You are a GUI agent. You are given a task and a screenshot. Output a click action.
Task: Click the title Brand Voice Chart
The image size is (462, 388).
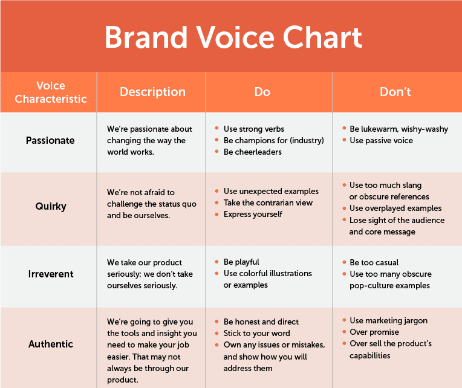point(233,37)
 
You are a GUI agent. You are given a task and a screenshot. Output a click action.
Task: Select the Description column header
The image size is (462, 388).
point(152,92)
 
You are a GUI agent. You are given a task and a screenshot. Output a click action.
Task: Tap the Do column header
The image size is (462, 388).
point(262,92)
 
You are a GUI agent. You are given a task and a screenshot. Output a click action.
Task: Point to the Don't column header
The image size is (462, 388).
point(395,92)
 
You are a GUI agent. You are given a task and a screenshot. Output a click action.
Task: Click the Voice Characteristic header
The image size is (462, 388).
point(51,92)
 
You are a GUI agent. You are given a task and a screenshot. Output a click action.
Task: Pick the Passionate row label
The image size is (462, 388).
point(50,140)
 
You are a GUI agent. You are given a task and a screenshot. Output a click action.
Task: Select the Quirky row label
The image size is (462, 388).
point(51,206)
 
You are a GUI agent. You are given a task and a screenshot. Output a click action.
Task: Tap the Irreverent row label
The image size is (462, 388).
point(51,274)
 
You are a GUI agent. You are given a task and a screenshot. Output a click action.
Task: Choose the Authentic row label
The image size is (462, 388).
point(51,344)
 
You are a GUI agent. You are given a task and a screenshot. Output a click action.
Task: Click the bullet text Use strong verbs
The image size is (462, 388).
point(254,129)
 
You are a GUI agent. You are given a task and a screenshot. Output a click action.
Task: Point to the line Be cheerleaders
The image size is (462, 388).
point(253,152)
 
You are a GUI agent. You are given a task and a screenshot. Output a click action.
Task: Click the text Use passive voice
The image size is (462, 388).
point(381,140)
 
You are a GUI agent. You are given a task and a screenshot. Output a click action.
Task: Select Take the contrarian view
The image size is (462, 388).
point(268,203)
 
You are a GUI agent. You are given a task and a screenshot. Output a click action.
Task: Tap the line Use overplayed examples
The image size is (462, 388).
point(395,208)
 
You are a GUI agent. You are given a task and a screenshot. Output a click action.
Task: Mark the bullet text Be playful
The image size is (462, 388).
point(241,262)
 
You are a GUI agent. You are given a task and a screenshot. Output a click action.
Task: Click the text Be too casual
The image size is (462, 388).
point(374,262)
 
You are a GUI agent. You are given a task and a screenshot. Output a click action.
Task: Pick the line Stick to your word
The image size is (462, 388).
point(256,333)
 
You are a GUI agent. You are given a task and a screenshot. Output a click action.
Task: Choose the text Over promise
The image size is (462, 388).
point(374,332)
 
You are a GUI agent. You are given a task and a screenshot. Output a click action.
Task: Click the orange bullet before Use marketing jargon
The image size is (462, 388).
point(344,320)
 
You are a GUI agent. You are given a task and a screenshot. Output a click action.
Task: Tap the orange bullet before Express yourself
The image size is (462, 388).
point(216,215)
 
